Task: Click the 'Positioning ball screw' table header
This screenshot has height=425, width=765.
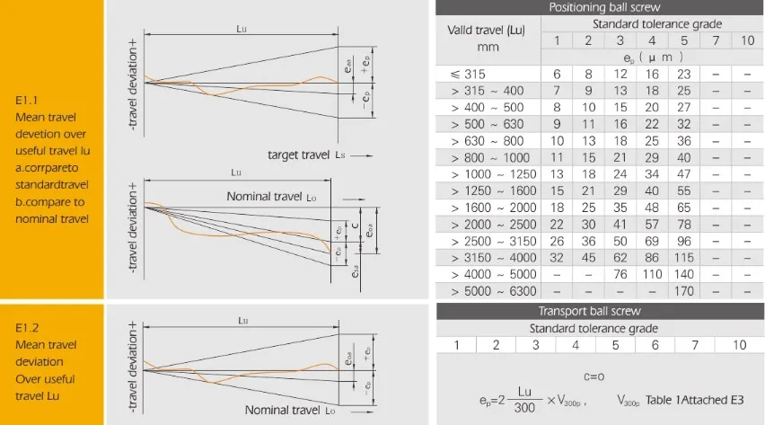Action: [x=599, y=7]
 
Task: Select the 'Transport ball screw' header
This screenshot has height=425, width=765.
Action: [x=599, y=311]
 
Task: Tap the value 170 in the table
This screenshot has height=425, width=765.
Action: [x=684, y=291]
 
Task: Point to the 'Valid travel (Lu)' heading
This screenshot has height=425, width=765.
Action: [x=487, y=31]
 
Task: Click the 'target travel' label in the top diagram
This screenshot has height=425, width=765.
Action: [x=299, y=155]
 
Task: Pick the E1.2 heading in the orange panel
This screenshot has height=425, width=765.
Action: [x=28, y=328]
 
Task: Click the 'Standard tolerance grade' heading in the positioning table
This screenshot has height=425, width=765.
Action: [x=656, y=23]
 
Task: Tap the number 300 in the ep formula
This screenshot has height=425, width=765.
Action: [x=525, y=408]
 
